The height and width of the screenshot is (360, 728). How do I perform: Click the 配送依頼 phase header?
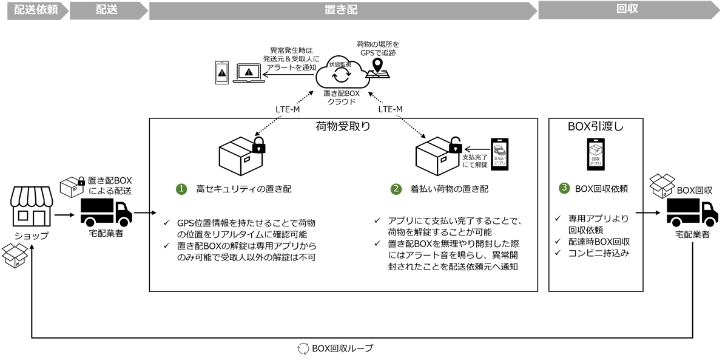click(x=36, y=10)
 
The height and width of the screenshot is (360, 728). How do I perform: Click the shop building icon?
click(x=32, y=206)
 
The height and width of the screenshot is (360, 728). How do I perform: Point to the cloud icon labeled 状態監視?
click(x=343, y=72)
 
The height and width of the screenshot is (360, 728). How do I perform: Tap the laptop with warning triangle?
click(x=249, y=73)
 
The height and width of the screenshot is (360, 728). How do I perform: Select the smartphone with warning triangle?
click(x=222, y=73)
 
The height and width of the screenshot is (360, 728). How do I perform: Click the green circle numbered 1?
click(x=181, y=189)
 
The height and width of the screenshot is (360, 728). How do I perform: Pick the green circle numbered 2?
click(x=396, y=189)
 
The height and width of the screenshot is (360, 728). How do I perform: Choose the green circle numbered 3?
click(x=564, y=188)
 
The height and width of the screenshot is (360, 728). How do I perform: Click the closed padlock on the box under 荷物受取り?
click(x=258, y=145)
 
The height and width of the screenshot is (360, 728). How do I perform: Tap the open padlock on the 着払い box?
click(x=456, y=144)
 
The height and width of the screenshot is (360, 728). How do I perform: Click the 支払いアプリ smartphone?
click(x=499, y=154)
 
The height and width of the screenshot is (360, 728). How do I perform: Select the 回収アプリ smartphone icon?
click(x=596, y=154)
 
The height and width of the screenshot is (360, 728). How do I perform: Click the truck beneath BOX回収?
click(x=692, y=212)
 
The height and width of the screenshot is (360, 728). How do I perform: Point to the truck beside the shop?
click(x=106, y=212)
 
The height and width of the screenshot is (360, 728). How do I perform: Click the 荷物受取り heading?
click(x=343, y=126)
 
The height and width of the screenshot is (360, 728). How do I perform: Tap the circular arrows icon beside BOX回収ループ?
click(x=303, y=348)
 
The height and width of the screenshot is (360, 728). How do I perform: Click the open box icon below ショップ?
click(x=15, y=256)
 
